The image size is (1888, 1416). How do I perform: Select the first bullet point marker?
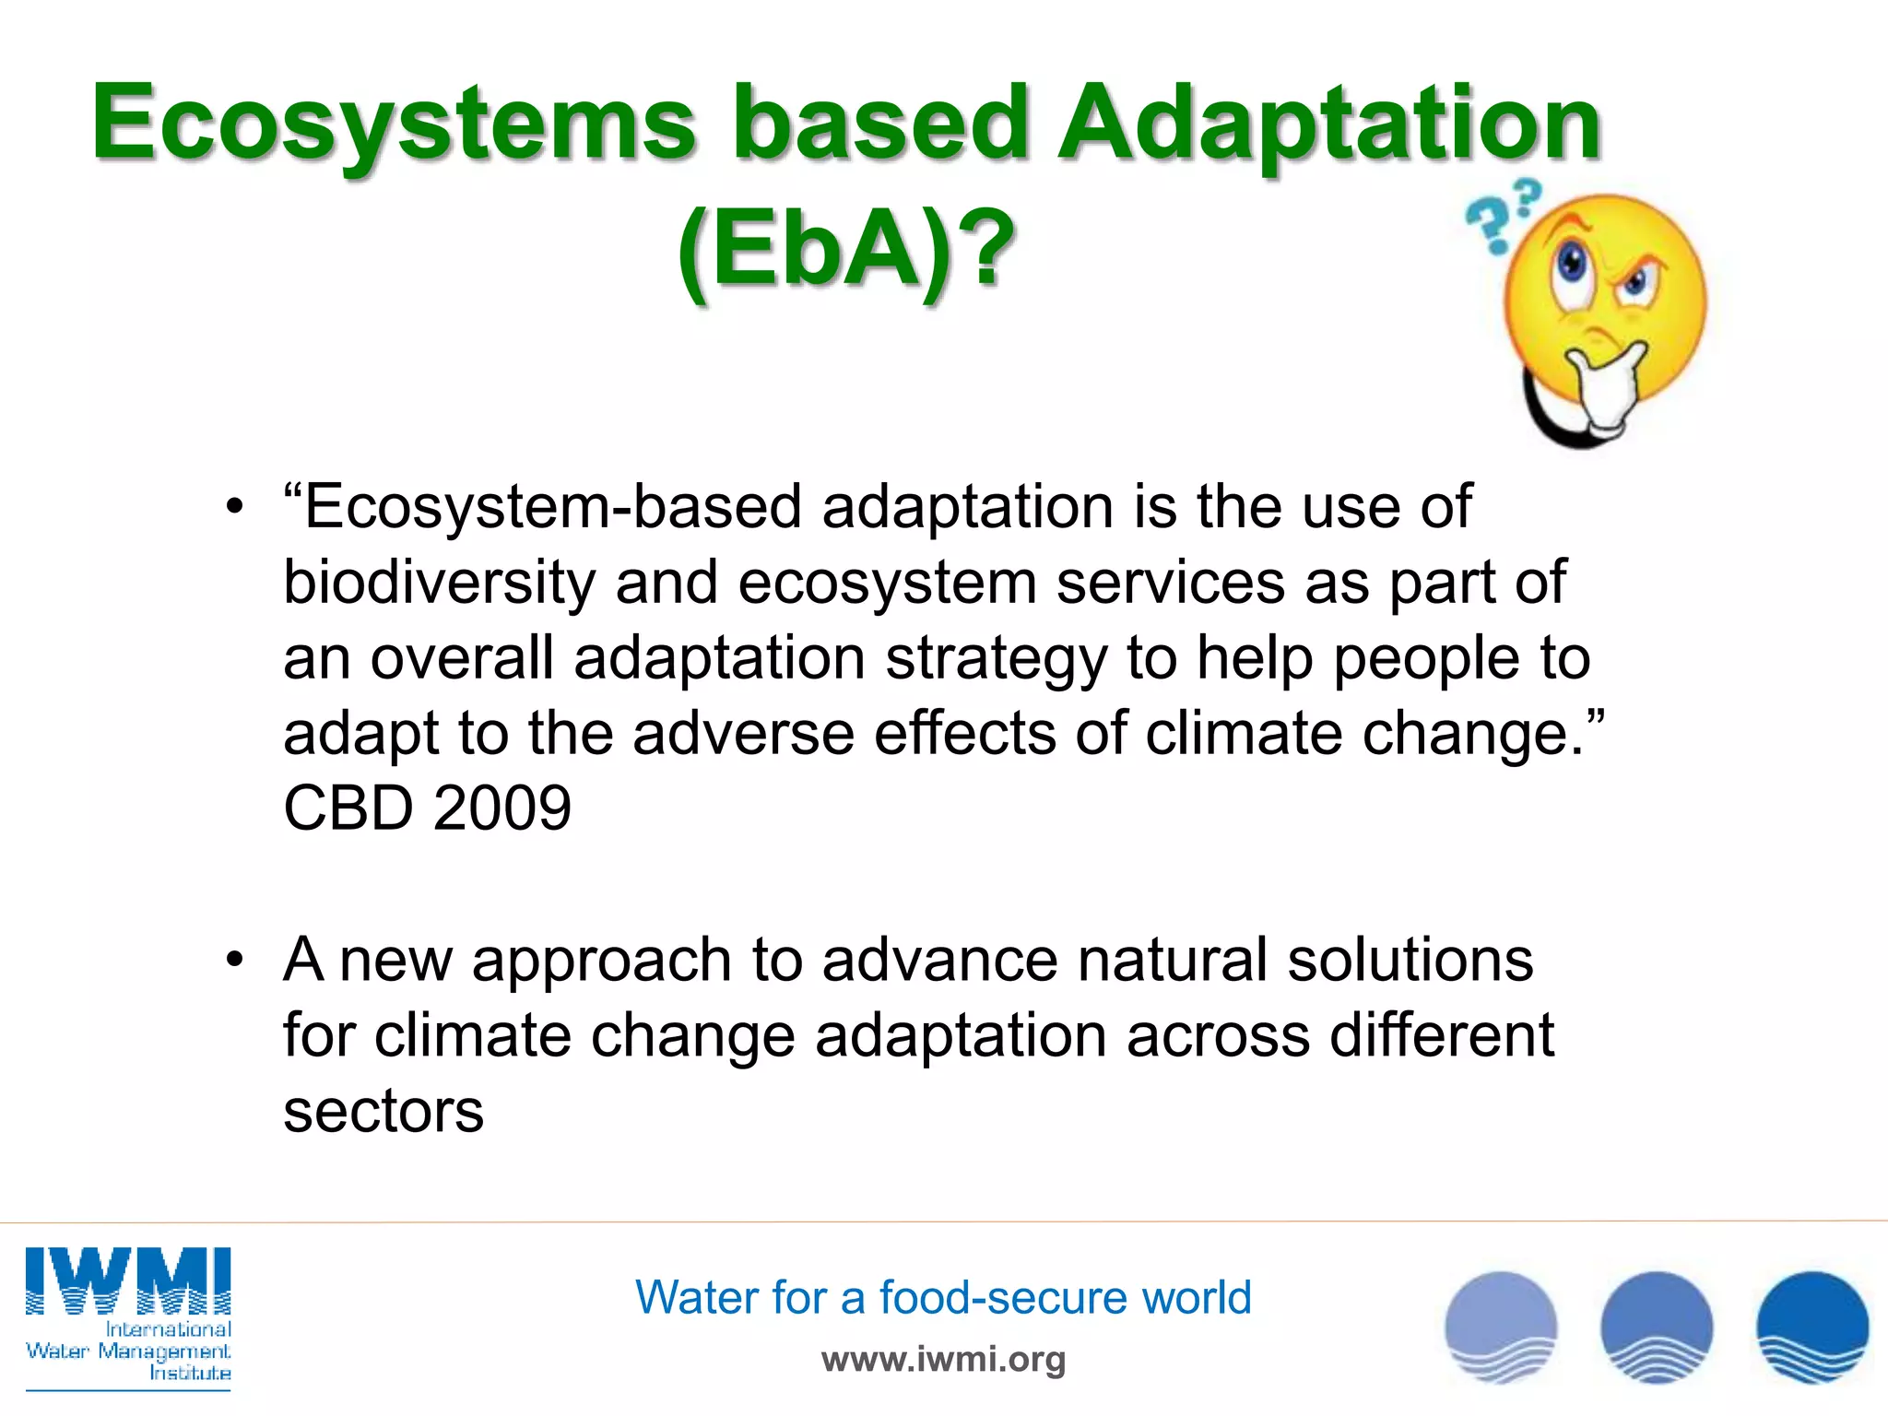(x=235, y=508)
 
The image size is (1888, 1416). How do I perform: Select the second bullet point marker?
(x=235, y=961)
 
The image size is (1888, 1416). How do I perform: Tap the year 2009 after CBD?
(x=502, y=808)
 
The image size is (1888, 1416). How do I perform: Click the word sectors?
(x=383, y=1111)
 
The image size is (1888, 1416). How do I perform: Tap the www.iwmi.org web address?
(x=943, y=1359)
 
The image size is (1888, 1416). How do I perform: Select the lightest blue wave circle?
(x=1501, y=1327)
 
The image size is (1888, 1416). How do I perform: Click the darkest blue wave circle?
(x=1812, y=1327)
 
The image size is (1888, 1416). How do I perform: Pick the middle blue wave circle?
(x=1657, y=1327)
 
